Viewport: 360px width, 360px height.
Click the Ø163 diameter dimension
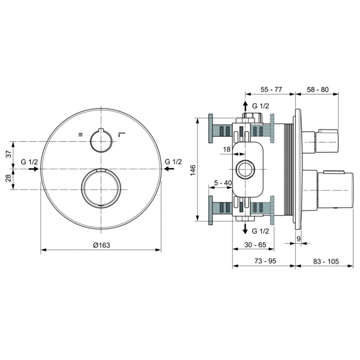(101, 245)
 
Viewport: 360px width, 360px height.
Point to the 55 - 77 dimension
(271, 89)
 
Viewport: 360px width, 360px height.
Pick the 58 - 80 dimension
(317, 89)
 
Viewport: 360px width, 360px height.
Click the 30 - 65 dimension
(255, 245)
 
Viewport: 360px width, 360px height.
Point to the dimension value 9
(298, 238)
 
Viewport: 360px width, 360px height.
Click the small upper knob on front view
(101, 139)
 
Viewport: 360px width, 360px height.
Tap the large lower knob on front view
(101, 189)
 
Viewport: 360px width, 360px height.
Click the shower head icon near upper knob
(81, 134)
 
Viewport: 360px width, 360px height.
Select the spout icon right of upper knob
(122, 133)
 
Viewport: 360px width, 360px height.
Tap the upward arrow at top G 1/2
(245, 105)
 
